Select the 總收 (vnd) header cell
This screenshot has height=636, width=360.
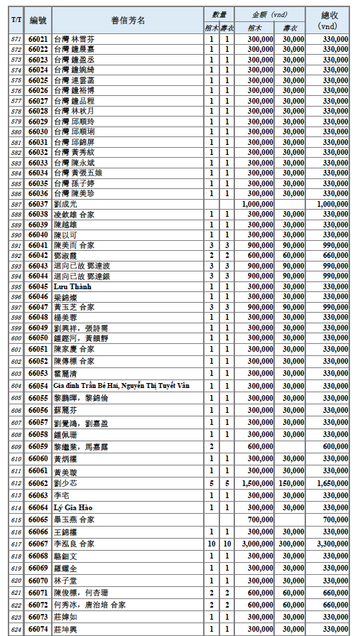pos(328,20)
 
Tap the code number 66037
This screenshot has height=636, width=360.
pos(38,203)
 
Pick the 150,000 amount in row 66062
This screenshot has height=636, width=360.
pos(293,483)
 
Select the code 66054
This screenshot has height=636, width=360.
pos(38,384)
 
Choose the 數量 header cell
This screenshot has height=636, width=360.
pos(219,14)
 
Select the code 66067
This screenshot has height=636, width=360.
pos(38,543)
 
